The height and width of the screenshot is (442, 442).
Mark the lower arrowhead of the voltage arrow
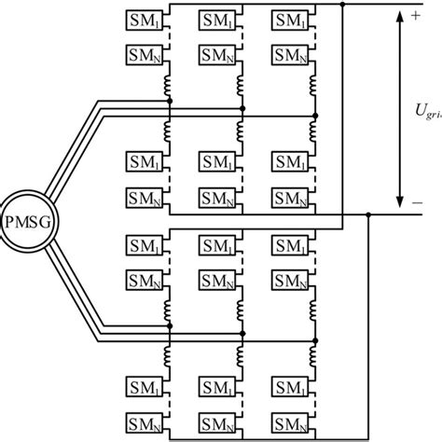[x=398, y=201]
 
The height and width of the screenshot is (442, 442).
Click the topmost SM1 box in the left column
[x=145, y=20]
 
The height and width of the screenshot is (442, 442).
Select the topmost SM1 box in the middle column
[x=218, y=20]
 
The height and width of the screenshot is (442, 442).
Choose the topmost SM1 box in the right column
[x=292, y=20]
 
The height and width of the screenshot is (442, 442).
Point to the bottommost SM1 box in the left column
[x=145, y=386]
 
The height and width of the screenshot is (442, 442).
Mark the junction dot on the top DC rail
[x=344, y=5]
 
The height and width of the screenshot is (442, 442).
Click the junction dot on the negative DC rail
[x=369, y=215]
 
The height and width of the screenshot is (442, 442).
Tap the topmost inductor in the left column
[x=170, y=89]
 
